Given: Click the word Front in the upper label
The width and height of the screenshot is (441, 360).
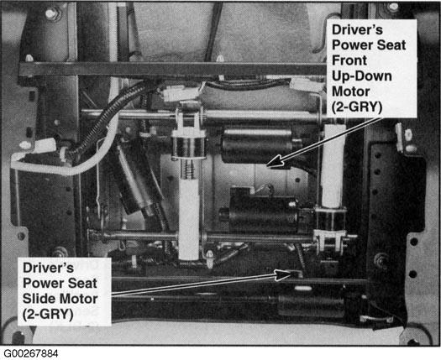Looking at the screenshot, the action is [x=349, y=60].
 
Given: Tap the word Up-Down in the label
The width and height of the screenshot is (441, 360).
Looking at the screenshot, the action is [x=362, y=76].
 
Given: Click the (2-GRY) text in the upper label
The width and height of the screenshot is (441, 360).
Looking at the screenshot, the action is [x=357, y=107].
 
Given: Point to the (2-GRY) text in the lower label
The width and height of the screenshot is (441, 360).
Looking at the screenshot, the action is [x=48, y=314].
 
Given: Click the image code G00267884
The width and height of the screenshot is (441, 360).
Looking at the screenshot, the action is [x=31, y=353].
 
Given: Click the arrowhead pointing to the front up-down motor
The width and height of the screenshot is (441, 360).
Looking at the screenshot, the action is [x=275, y=161].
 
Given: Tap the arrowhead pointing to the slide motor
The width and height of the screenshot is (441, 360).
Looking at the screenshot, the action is [x=284, y=274].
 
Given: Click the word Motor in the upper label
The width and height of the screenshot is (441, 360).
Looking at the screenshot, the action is [x=351, y=91].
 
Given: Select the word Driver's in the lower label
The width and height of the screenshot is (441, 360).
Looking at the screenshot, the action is [x=48, y=268].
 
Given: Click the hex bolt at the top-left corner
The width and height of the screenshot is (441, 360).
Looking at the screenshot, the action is [x=51, y=13].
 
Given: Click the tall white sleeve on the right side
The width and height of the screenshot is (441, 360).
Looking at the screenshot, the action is [x=333, y=166].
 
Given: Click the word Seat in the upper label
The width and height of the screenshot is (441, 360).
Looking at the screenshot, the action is [x=391, y=45].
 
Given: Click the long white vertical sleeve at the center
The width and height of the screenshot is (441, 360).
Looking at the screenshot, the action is [x=189, y=219].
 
